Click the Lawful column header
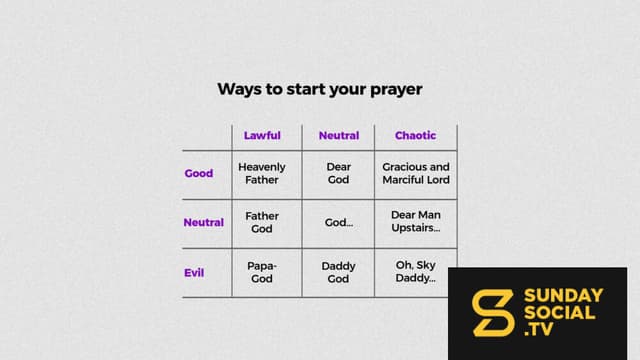[262, 136]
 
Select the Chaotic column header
[416, 136]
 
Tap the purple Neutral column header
[339, 136]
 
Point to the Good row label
[199, 173]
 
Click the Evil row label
[194, 273]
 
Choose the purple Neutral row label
[204, 222]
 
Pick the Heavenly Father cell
[262, 173]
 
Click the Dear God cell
[338, 173]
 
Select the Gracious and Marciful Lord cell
[416, 173]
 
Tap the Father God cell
[262, 222]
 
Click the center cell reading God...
[339, 222]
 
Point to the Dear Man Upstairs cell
[416, 221]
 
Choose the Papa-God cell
[262, 272]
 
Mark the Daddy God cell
[338, 272]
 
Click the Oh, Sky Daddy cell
[416, 271]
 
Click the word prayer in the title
[396, 90]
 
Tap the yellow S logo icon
[493, 313]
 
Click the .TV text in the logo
[539, 329]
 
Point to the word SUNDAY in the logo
[564, 296]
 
